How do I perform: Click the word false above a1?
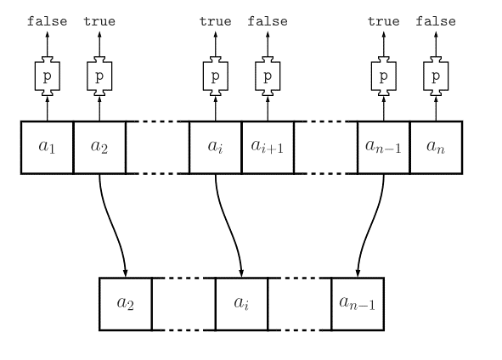pyautogui.click(x=47, y=21)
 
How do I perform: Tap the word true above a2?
pyautogui.click(x=99, y=21)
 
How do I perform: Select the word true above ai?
pyautogui.click(x=216, y=21)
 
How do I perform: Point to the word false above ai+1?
pyautogui.click(x=268, y=21)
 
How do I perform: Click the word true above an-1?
pyautogui.click(x=384, y=21)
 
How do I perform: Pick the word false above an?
pyautogui.click(x=436, y=21)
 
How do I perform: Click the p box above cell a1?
pyautogui.click(x=48, y=76)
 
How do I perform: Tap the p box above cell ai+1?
pyautogui.click(x=268, y=76)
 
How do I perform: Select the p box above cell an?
pyautogui.click(x=436, y=76)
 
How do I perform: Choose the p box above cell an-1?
pyautogui.click(x=384, y=76)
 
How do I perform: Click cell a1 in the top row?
pyautogui.click(x=47, y=148)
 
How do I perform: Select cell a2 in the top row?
pyautogui.click(x=99, y=148)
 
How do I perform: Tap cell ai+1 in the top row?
pyautogui.click(x=268, y=148)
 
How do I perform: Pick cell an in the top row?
pyautogui.click(x=436, y=148)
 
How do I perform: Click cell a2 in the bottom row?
pyautogui.click(x=126, y=304)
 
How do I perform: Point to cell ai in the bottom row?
pyautogui.click(x=242, y=304)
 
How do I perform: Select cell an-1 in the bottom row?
pyautogui.click(x=358, y=304)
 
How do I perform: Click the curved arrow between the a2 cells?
pyautogui.click(x=112, y=225)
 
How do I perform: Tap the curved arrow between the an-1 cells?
pyautogui.click(x=370, y=225)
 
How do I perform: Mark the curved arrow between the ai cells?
pyautogui.click(x=228, y=225)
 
